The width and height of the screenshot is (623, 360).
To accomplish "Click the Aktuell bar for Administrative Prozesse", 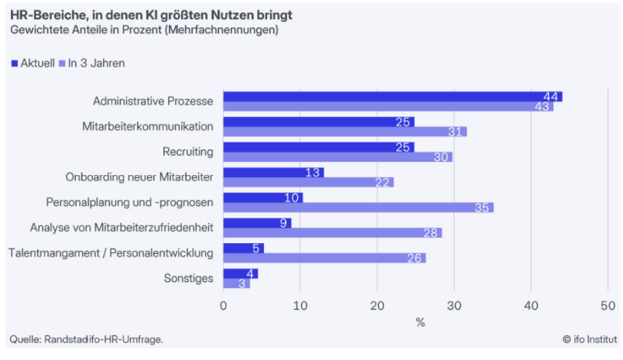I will [x=392, y=97].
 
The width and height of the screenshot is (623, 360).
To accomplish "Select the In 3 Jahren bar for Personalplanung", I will [x=358, y=207].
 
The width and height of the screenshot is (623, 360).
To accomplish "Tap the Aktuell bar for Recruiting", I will [x=318, y=147].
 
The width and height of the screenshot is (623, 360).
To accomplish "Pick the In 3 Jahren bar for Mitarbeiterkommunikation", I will [x=345, y=132].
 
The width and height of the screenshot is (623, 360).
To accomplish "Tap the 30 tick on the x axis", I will [x=454, y=305].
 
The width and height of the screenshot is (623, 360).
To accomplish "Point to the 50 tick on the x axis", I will [x=608, y=305].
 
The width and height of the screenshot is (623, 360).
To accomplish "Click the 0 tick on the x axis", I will [x=224, y=305].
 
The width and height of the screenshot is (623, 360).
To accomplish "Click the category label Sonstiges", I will [x=188, y=279].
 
